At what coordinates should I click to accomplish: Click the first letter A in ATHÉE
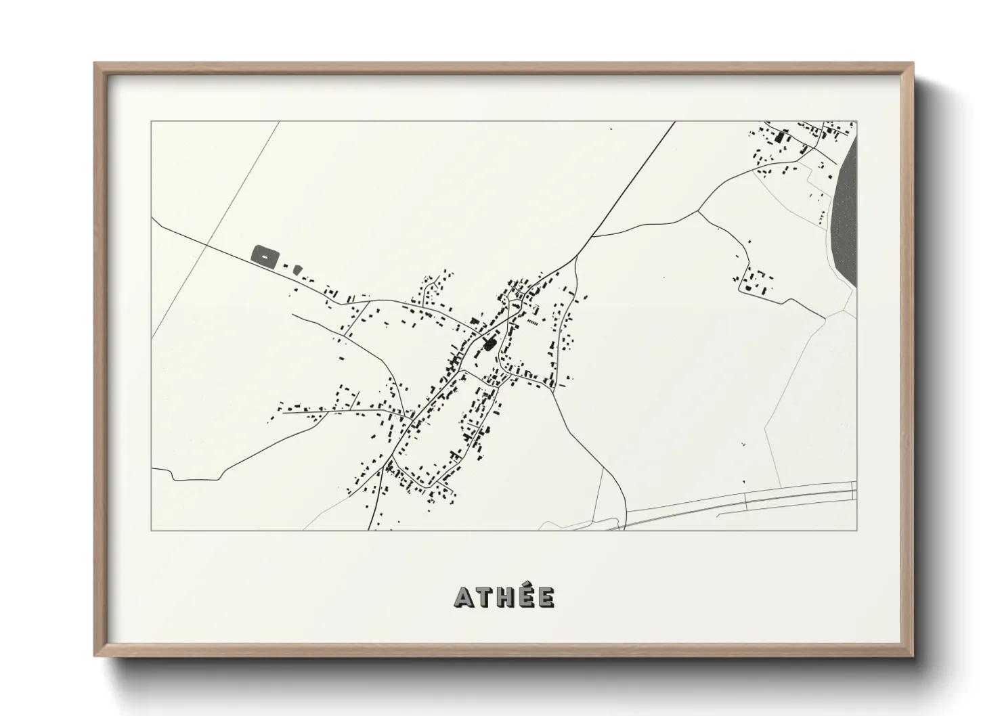point(464,598)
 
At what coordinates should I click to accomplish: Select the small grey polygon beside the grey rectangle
point(297,270)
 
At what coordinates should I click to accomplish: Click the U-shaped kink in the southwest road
point(175,476)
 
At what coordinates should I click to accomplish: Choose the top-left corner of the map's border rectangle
point(152,122)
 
